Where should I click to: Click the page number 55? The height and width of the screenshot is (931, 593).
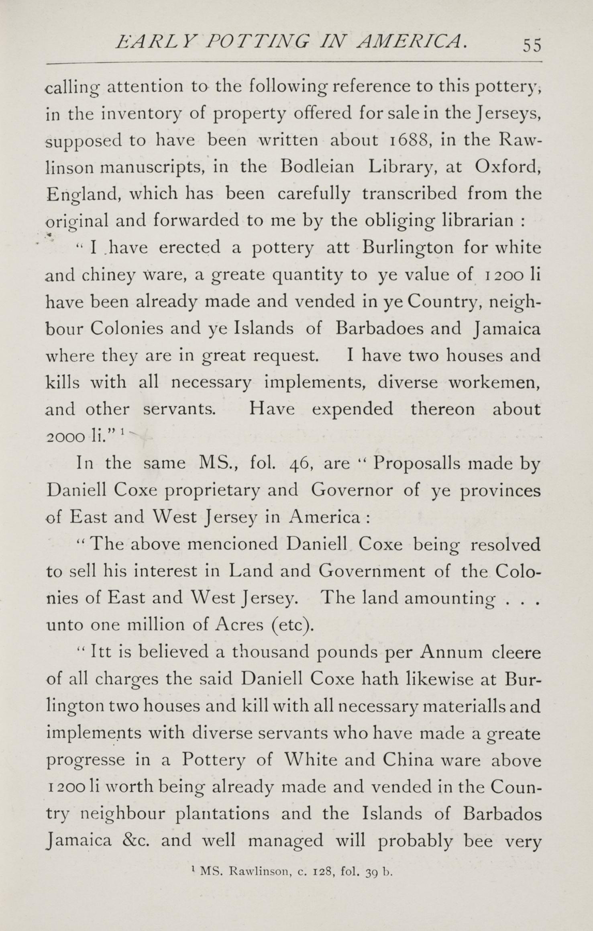coord(532,45)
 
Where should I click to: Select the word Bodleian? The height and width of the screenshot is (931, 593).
coord(317,167)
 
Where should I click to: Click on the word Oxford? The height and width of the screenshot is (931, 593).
coord(507,167)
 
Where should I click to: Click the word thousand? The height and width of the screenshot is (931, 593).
coord(269,652)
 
